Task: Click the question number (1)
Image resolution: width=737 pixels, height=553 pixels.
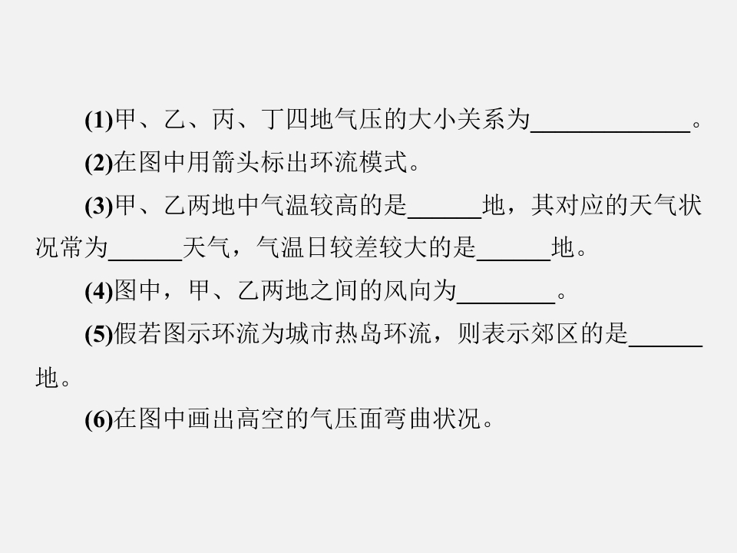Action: (x=99, y=121)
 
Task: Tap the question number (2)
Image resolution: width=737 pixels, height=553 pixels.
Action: (x=99, y=163)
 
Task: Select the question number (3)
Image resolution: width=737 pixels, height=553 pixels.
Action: (x=99, y=206)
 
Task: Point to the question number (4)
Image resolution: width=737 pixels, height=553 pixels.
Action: (x=99, y=292)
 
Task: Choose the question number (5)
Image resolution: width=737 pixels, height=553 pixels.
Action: (x=99, y=334)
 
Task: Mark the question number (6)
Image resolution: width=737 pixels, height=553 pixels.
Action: (x=99, y=419)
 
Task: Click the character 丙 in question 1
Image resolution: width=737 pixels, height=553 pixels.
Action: (x=223, y=120)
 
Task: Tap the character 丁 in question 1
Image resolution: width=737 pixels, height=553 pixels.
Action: (x=273, y=120)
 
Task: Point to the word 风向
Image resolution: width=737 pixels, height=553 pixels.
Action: (x=408, y=290)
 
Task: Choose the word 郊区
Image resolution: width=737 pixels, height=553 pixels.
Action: (x=554, y=333)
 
